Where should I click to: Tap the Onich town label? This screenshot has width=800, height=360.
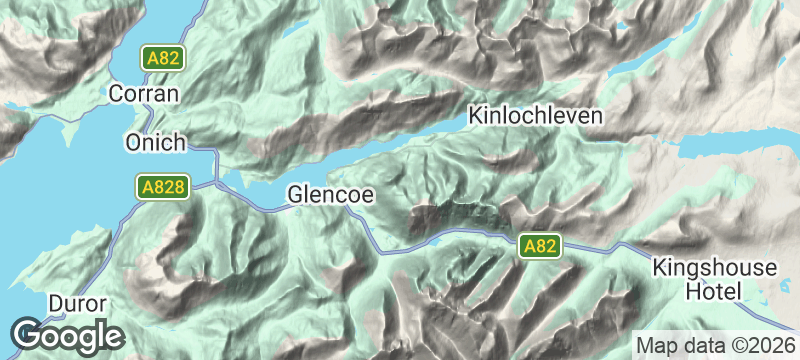pyautogui.click(x=156, y=143)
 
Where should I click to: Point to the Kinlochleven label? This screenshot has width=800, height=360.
pyautogui.click(x=536, y=116)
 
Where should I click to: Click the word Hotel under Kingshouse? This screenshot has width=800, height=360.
pyautogui.click(x=714, y=292)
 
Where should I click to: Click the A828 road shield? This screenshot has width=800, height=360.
pyautogui.click(x=160, y=186)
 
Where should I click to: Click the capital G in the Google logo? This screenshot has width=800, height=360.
pyautogui.click(x=28, y=334)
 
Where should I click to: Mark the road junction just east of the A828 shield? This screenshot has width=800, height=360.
pyautogui.click(x=214, y=183)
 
